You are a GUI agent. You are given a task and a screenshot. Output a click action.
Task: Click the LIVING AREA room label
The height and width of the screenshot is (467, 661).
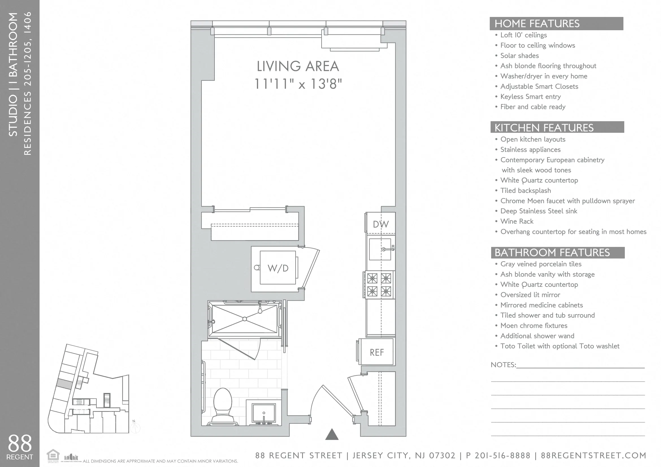click(298, 66)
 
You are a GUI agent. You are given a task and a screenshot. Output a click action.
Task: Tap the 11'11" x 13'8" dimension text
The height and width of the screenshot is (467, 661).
click(298, 84)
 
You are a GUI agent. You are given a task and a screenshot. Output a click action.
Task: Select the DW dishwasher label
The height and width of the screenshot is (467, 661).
click(380, 224)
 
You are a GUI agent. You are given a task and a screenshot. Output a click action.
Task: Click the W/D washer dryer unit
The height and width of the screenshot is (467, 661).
click(278, 268)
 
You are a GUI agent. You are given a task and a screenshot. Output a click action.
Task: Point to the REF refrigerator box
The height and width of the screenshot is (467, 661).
click(376, 352)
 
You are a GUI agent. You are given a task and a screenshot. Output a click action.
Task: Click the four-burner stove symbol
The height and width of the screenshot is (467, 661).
click(379, 285)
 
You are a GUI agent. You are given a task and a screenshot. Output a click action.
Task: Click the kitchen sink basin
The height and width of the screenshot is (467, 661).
click(380, 249)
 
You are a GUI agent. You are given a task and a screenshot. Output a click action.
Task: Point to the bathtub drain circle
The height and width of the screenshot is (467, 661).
click(244, 319)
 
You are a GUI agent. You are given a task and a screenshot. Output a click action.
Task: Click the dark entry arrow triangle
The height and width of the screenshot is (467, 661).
click(332, 435)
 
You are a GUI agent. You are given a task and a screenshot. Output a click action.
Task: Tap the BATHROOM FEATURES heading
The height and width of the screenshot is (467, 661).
click(552, 253)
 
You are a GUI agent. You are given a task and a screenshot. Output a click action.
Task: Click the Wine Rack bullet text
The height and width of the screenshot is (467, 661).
click(517, 221)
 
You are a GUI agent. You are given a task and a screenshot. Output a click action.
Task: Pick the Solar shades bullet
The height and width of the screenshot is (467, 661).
click(519, 56)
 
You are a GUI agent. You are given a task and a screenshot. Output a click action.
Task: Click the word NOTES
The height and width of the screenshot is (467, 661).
click(503, 365)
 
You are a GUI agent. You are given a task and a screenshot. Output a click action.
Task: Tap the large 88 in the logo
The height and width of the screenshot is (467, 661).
click(19, 443)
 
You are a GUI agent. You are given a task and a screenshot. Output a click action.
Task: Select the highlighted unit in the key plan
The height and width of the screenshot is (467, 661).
click(64, 384)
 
